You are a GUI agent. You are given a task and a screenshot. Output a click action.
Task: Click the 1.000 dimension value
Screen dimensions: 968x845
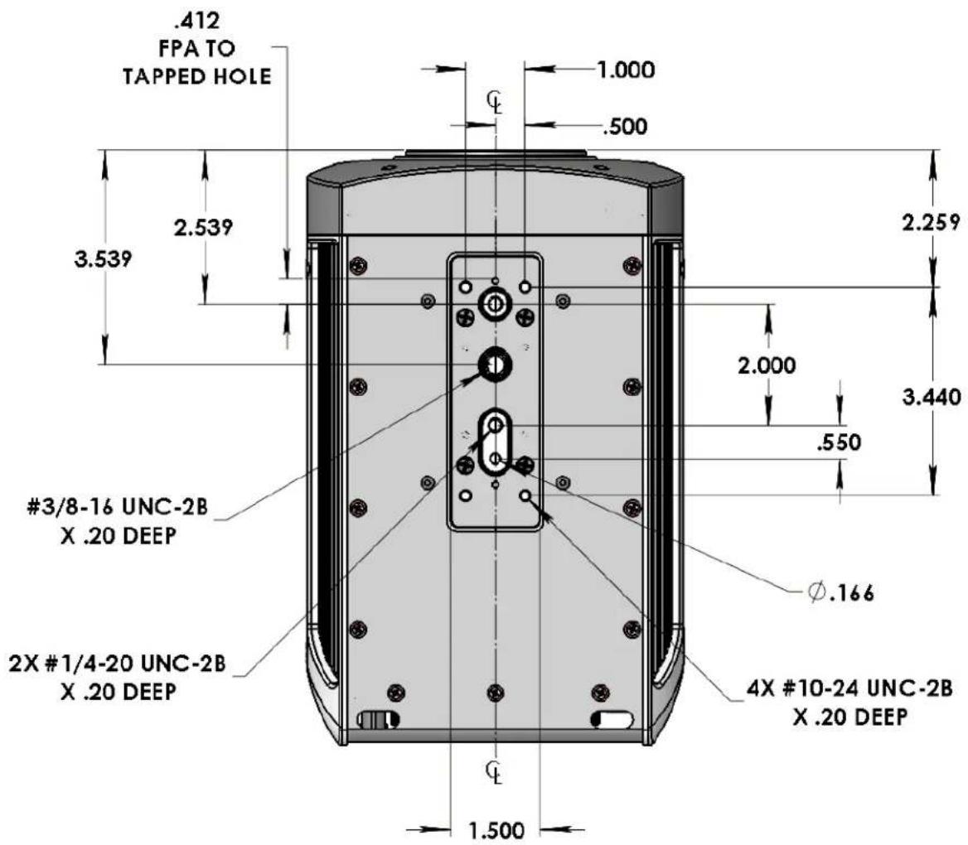pyautogui.click(x=626, y=69)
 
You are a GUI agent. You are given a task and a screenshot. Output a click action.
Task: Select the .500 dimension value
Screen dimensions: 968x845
pyautogui.click(x=625, y=127)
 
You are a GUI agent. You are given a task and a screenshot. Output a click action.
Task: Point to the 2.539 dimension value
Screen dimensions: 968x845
pyautogui.click(x=203, y=227)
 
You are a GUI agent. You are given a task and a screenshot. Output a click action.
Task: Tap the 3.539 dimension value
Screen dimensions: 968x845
pyautogui.click(x=103, y=258)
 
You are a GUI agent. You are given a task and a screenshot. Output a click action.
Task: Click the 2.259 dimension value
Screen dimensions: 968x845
pyautogui.click(x=932, y=221)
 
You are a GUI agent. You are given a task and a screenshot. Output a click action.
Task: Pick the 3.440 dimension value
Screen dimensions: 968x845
pyautogui.click(x=932, y=397)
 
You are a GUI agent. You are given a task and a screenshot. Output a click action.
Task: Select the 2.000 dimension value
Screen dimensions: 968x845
pyautogui.click(x=767, y=365)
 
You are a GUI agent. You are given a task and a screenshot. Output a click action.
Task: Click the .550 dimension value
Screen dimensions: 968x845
pyautogui.click(x=838, y=442)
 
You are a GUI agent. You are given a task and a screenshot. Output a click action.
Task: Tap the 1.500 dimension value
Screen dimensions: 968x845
pyautogui.click(x=496, y=830)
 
